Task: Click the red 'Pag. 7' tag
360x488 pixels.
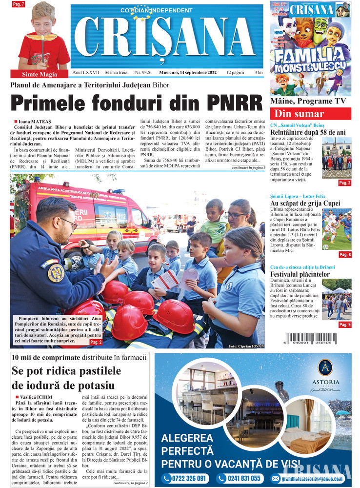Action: [19, 4]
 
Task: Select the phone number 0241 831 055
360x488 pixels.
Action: [240, 478]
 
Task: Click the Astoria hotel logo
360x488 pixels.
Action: [322, 368]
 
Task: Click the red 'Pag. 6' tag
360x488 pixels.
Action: [344, 254]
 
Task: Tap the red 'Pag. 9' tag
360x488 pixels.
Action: [344, 325]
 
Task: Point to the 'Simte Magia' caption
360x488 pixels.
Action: [40, 74]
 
